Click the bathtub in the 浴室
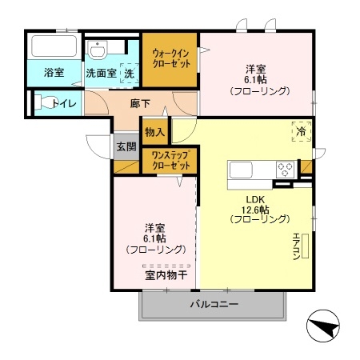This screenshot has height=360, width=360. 54,46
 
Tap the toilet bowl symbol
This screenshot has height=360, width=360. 46,102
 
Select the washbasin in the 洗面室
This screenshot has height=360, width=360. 98,50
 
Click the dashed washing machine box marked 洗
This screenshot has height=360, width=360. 130,73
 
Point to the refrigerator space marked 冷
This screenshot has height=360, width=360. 302,131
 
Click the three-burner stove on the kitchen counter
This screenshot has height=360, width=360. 285,170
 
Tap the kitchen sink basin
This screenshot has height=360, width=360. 241,170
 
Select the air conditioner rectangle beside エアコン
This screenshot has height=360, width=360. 306,246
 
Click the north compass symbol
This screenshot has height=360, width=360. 323,326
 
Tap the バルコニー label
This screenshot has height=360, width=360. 214,304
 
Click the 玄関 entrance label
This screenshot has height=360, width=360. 126,146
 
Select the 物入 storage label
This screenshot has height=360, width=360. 154,131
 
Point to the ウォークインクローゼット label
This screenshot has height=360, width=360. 171,58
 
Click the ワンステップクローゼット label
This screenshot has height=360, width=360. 171,161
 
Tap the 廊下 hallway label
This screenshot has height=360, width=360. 140,103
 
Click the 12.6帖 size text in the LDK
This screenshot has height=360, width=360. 255,210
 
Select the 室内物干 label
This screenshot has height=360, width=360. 166,275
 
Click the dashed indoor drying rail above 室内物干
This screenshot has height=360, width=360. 166,266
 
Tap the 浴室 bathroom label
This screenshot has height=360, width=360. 54,73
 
